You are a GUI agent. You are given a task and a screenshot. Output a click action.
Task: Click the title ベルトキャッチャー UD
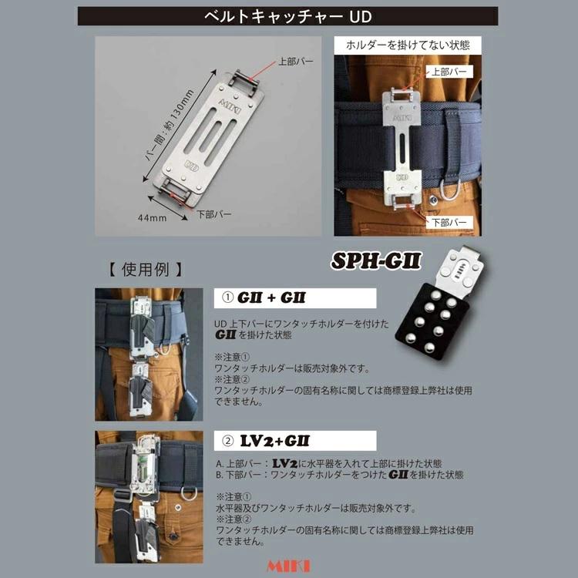coord(288,16)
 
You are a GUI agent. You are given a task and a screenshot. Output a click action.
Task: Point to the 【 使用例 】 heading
coord(143,271)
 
